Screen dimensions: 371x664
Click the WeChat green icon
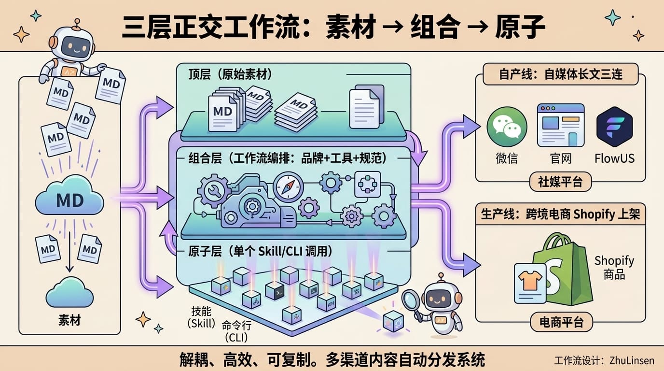(507, 128)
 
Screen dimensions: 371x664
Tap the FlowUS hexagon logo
(614, 127)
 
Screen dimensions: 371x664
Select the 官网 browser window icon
(561, 125)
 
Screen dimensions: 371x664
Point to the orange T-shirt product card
(530, 283)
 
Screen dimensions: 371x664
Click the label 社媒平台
(560, 182)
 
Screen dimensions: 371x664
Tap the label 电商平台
(560, 322)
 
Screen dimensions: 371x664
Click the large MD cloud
(70, 198)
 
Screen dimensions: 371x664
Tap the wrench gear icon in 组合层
(213, 190)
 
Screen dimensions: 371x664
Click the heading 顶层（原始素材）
(230, 75)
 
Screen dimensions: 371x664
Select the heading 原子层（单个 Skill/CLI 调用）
(261, 252)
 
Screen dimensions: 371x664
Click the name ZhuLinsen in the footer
(632, 360)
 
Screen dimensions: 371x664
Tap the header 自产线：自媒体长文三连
(560, 75)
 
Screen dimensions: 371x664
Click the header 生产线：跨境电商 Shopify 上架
(560, 214)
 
